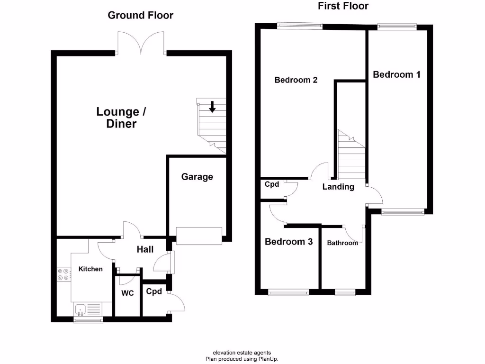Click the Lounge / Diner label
click(121, 118)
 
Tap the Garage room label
click(197, 177)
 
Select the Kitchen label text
click(90, 269)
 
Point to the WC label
click(127, 293)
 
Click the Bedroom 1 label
click(396, 74)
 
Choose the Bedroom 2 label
click(296, 80)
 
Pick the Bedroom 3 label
click(288, 242)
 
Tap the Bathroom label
click(342, 243)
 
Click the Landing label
click(338, 187)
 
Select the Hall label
click(145, 249)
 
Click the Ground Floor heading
click(140, 15)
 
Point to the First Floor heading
click(344, 6)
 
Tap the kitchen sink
click(81, 310)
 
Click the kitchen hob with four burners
click(63, 275)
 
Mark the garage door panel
click(199, 236)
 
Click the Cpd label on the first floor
click(271, 184)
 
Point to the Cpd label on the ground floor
click(154, 291)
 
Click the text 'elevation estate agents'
click(242, 353)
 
